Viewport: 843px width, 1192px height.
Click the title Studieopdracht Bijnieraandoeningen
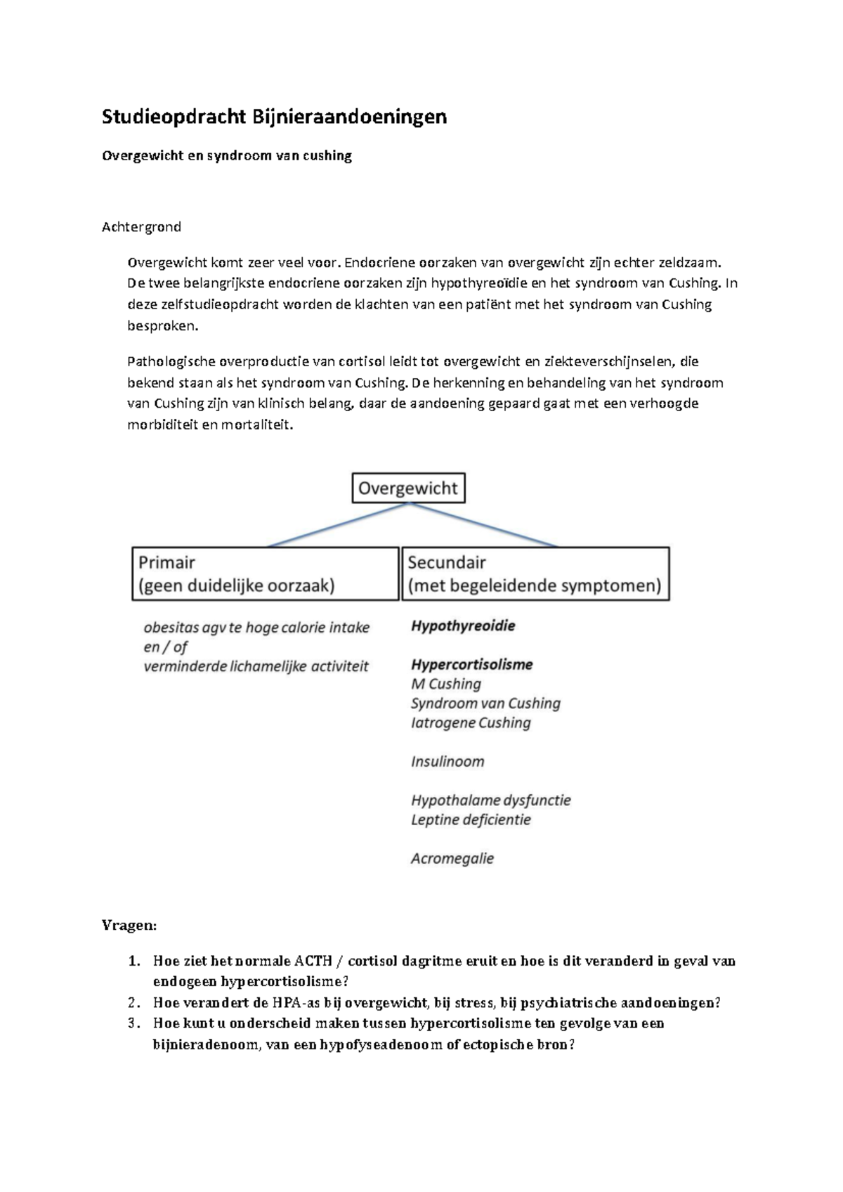point(274,116)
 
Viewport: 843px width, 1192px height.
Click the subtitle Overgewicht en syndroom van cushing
point(226,155)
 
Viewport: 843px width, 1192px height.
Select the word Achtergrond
point(141,226)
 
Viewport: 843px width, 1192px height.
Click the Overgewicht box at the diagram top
point(408,488)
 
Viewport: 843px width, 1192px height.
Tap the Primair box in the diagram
point(265,574)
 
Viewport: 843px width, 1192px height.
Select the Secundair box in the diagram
point(535,574)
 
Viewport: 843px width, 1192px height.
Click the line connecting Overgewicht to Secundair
point(485,524)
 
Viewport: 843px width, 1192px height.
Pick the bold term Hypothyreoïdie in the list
point(463,626)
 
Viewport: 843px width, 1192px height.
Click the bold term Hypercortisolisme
point(471,664)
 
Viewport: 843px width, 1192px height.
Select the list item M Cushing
point(446,684)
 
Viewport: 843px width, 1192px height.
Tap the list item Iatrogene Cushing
point(471,723)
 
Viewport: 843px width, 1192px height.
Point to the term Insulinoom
point(447,761)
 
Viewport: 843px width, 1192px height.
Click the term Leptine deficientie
point(471,819)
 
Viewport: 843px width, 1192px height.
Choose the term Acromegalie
point(452,858)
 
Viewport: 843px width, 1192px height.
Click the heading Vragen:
point(129,925)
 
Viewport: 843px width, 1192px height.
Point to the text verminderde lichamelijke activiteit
point(256,666)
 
